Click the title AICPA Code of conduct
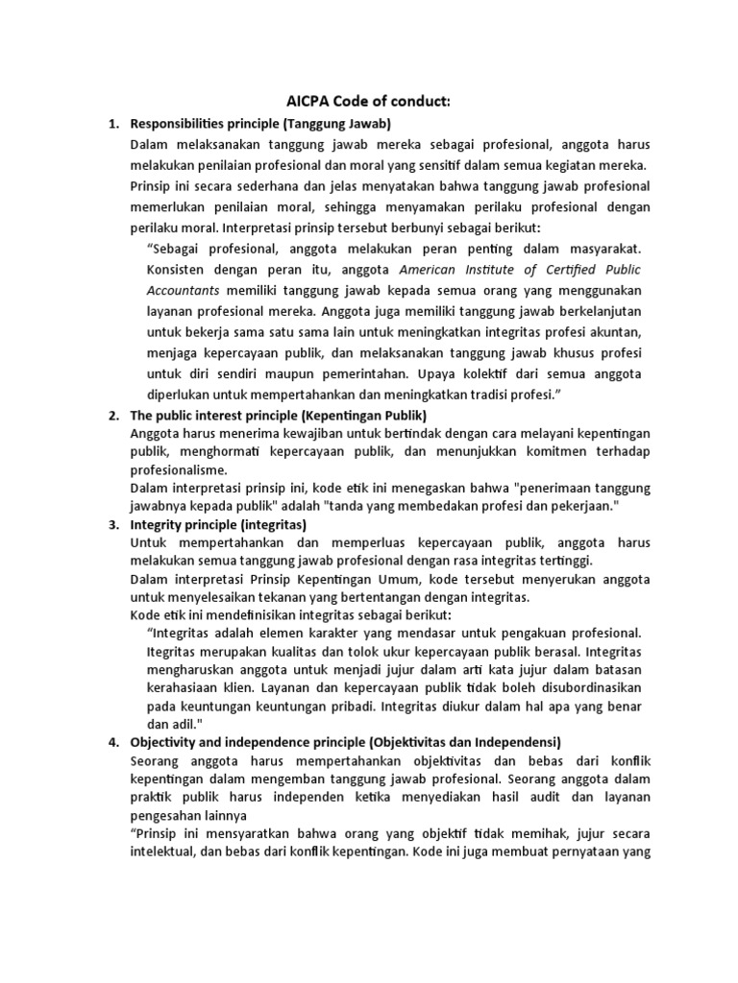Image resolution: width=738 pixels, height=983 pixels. [x=368, y=101]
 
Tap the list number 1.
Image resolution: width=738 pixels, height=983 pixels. [x=111, y=124]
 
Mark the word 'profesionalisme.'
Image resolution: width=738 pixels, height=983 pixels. [x=180, y=469]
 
